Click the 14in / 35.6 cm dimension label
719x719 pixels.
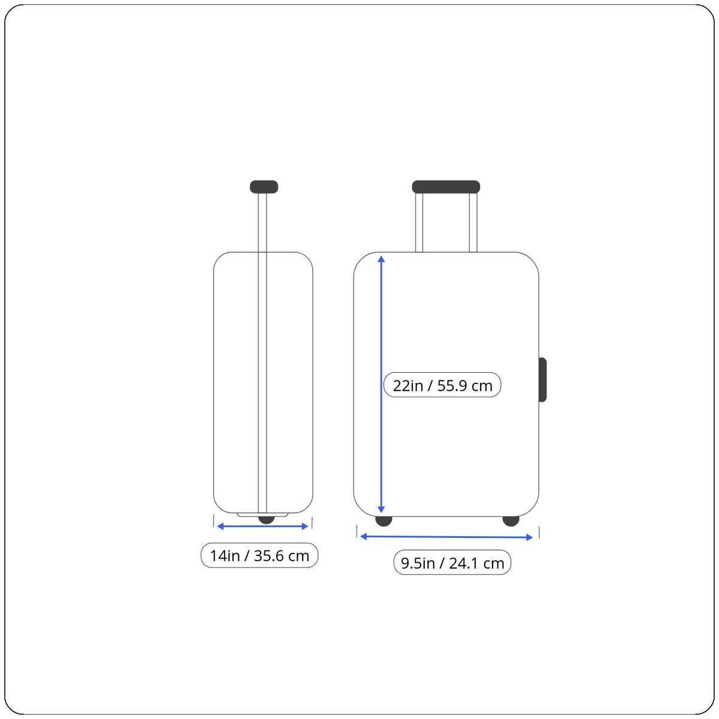259,555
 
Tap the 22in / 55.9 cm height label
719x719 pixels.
442,385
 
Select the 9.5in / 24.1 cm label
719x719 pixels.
452,563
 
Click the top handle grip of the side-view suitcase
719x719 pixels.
264,187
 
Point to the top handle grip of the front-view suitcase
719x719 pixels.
446,187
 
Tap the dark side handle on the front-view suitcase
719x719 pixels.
543,380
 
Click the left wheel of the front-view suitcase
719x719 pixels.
383,521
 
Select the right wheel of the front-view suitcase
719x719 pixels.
511,521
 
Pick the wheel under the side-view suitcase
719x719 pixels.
267,519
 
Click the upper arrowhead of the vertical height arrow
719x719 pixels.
381,259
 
